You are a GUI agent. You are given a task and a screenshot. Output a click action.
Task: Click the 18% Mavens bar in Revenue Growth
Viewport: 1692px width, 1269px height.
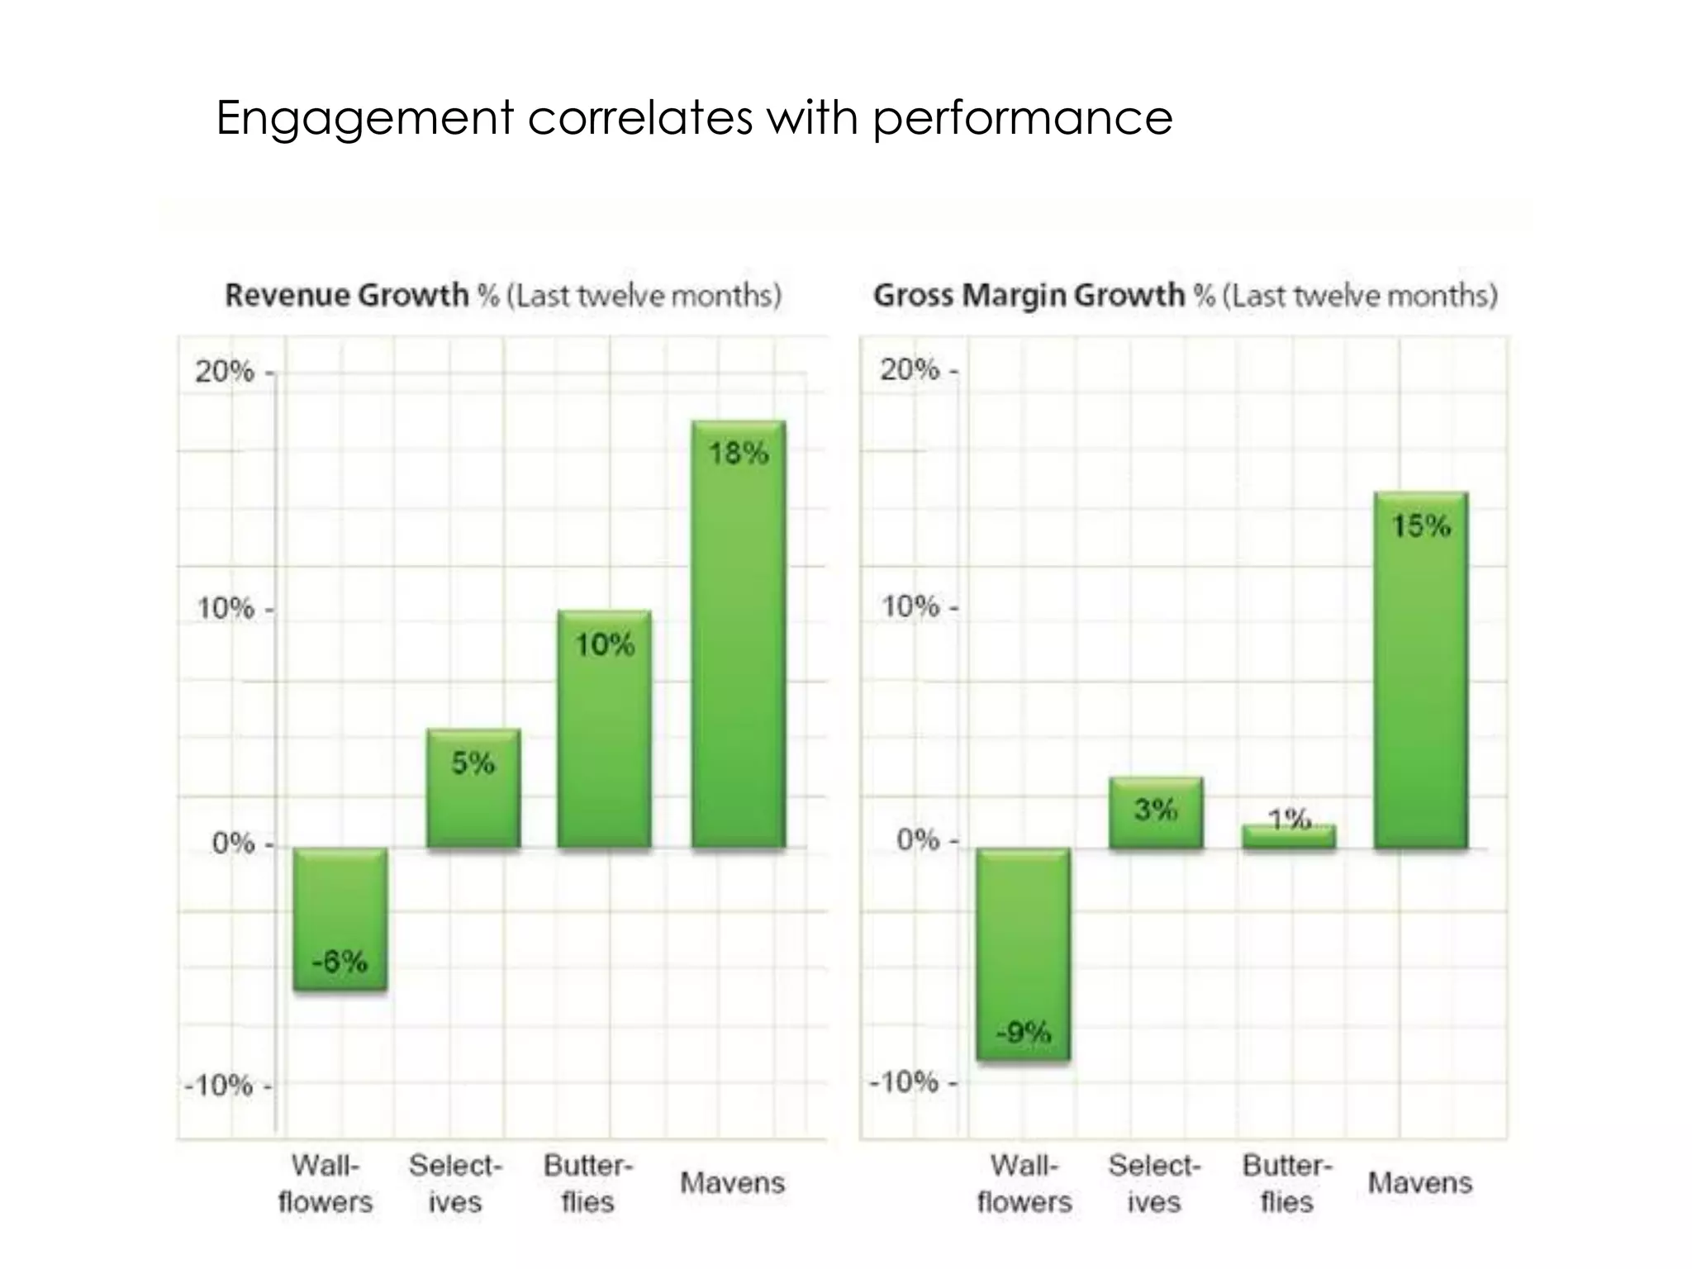tap(739, 634)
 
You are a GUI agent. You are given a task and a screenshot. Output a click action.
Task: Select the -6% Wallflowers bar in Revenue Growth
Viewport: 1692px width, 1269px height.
tap(340, 919)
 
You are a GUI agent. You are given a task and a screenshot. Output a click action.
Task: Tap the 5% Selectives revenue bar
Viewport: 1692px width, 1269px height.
tap(473, 788)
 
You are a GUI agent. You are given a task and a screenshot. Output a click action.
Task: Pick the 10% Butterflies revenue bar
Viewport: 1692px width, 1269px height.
tap(604, 729)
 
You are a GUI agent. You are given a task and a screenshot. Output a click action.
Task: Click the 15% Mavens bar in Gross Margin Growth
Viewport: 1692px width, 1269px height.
tap(1421, 670)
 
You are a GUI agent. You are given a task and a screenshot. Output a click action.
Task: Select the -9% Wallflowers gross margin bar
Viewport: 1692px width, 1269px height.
tap(1023, 954)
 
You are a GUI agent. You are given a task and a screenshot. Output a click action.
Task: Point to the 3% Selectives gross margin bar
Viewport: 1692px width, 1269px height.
tap(1156, 813)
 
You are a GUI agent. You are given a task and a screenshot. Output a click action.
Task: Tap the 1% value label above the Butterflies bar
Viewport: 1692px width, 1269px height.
tap(1290, 819)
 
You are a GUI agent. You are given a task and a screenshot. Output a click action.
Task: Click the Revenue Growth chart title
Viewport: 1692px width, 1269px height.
tap(502, 295)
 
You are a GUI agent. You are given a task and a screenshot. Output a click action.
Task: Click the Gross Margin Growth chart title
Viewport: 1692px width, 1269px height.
tap(1185, 295)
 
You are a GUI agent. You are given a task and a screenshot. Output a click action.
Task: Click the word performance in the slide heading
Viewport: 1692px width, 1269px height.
tap(1022, 118)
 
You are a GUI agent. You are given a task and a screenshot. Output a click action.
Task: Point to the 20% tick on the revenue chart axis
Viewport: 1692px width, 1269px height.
tap(225, 372)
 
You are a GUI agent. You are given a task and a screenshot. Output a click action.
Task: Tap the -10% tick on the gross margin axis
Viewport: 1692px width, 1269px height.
tap(905, 1081)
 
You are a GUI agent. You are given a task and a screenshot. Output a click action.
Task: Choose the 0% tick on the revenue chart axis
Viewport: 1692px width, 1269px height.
tap(233, 844)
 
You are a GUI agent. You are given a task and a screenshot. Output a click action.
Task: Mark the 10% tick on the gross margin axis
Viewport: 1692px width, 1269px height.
tap(910, 607)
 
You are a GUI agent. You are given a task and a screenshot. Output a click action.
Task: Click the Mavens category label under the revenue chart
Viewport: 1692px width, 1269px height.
tap(732, 1183)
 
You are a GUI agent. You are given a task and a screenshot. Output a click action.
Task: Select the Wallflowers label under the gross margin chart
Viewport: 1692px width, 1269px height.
tap(1024, 1183)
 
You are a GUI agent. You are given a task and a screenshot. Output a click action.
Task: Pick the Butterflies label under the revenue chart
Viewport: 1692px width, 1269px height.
tap(587, 1183)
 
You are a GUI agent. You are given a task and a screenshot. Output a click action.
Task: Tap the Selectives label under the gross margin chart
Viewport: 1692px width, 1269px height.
tap(1154, 1183)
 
